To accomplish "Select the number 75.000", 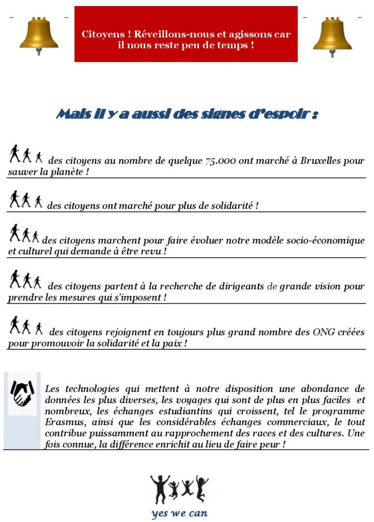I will pos(220,161).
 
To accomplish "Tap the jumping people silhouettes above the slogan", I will pos(179,488).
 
